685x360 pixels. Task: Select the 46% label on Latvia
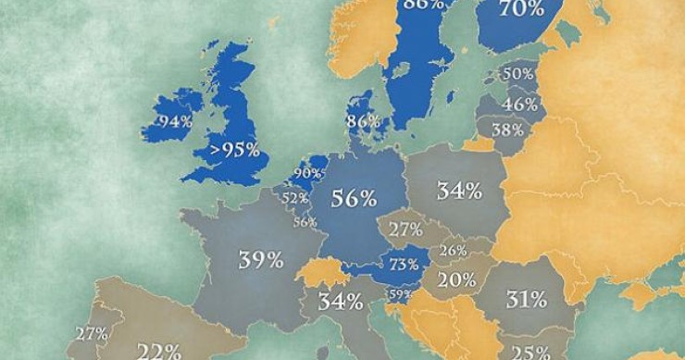[521, 104]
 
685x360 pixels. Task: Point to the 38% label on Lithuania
[507, 130]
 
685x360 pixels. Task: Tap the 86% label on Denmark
[363, 120]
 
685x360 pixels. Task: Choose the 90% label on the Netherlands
[307, 172]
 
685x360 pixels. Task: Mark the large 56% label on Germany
[355, 197]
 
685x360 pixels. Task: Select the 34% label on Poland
[459, 192]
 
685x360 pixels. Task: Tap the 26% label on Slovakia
[453, 250]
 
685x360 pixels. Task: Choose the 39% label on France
[261, 260]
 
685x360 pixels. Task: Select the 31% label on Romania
[525, 299]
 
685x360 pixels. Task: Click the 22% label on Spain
[159, 351]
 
